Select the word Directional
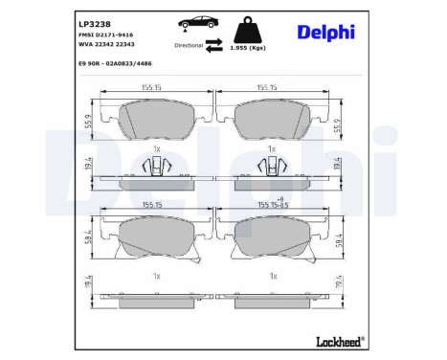coord(190,45)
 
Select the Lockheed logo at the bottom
coord(340,342)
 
